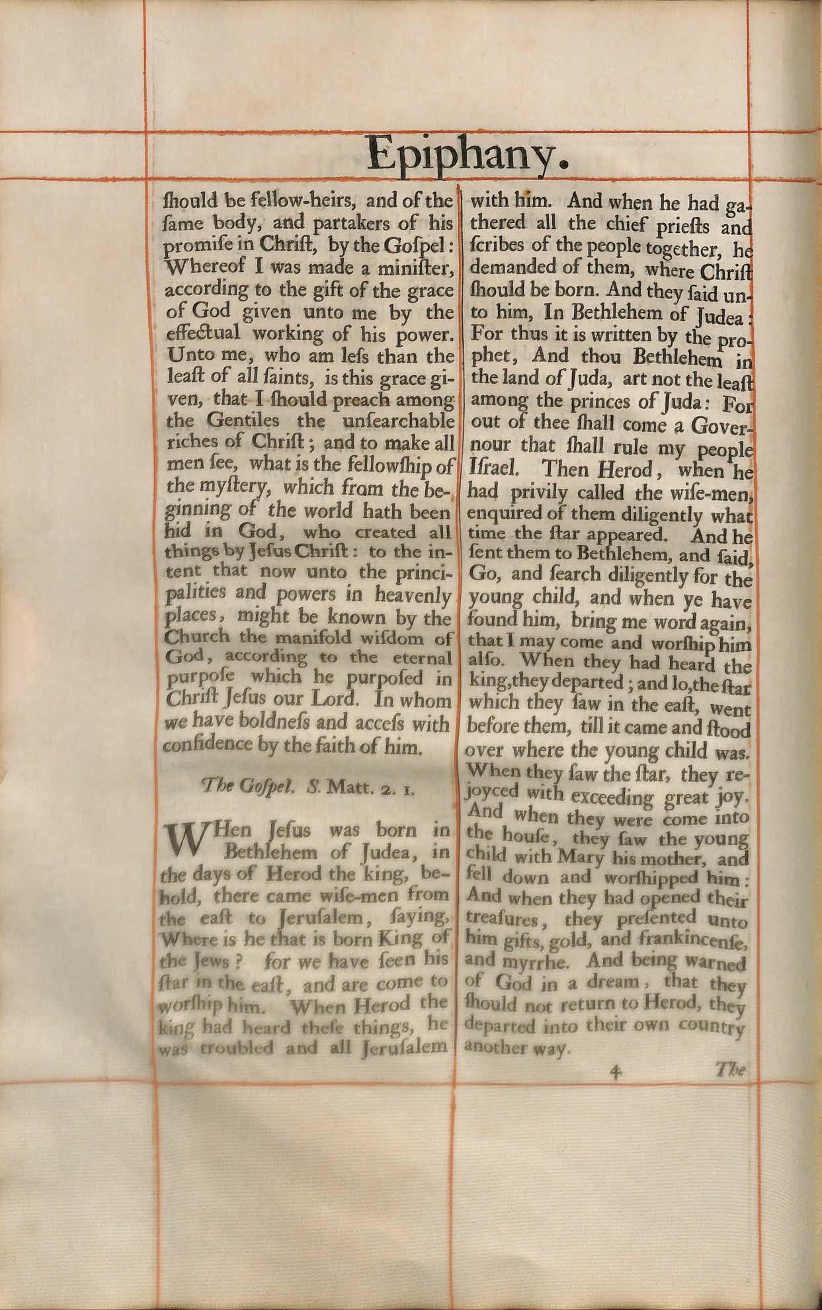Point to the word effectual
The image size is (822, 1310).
pos(198,333)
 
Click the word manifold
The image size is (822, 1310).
pos(302,638)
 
